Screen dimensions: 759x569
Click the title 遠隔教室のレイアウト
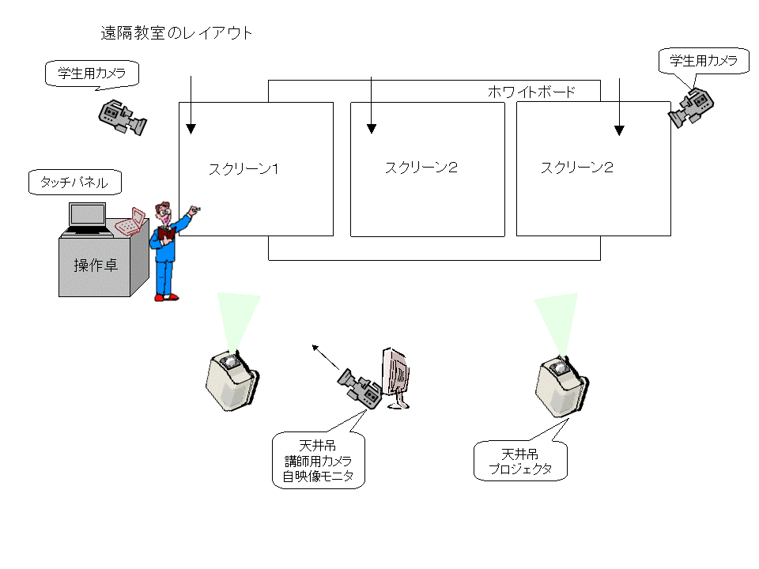pyautogui.click(x=176, y=33)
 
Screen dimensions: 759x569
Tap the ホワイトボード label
pyautogui.click(x=531, y=92)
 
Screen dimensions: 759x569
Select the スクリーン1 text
pyautogui.click(x=244, y=169)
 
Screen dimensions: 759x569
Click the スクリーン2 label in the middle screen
pyautogui.click(x=421, y=168)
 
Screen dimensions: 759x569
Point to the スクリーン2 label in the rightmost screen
pyautogui.click(x=577, y=168)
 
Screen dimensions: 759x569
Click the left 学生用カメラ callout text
pyautogui.click(x=92, y=73)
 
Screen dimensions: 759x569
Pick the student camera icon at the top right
pyautogui.click(x=691, y=108)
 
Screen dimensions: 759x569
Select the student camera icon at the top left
pyautogui.click(x=123, y=117)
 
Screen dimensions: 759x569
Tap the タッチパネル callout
pyautogui.click(x=74, y=183)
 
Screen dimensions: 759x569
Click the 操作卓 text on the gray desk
pyautogui.click(x=96, y=266)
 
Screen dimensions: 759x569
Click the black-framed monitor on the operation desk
pyautogui.click(x=88, y=219)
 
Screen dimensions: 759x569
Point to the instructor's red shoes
pyautogui.click(x=167, y=297)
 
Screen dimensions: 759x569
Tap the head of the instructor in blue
pyautogui.click(x=163, y=210)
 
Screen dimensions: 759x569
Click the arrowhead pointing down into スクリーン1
pyautogui.click(x=191, y=129)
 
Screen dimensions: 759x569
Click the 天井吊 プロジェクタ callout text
pyautogui.click(x=520, y=462)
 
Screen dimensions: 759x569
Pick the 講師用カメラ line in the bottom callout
pyautogui.click(x=318, y=461)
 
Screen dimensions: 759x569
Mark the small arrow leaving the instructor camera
pyautogui.click(x=325, y=357)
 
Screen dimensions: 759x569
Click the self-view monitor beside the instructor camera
pyautogui.click(x=395, y=379)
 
